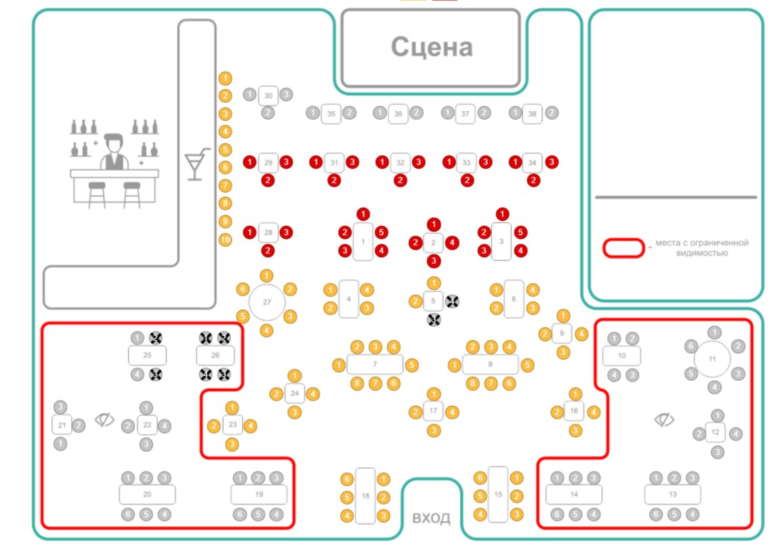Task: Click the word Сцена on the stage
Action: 431,47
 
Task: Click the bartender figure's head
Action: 114,144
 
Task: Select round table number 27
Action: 266,302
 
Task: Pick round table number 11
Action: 712,359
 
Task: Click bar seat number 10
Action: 225,239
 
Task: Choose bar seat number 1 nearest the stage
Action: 225,78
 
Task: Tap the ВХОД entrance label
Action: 431,518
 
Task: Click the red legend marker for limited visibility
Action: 623,248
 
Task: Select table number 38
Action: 533,114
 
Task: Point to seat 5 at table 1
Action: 381,233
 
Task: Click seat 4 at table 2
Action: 452,242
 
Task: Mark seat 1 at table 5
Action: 433,283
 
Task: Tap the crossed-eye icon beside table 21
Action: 103,420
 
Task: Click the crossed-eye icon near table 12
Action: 664,420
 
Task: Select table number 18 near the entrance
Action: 365,496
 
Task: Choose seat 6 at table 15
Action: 480,478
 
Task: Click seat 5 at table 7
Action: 412,365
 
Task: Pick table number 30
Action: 268,96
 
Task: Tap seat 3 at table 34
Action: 552,162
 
